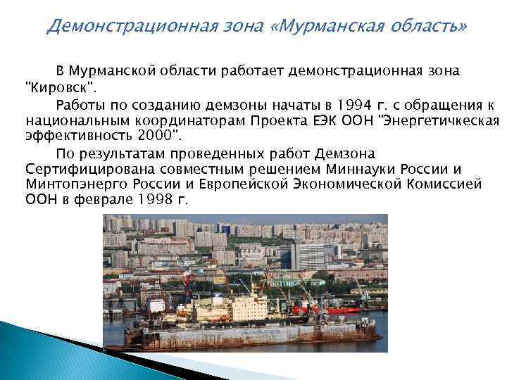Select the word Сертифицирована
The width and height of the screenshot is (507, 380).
[x=80, y=169]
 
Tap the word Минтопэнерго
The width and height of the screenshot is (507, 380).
[x=71, y=185]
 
